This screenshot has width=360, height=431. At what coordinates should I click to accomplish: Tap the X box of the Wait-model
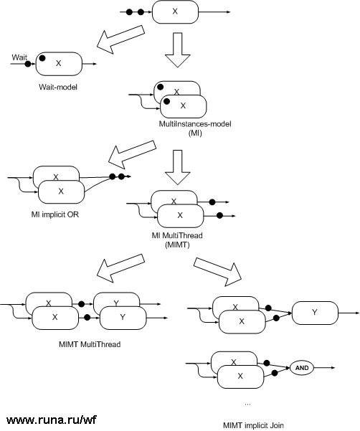pos(59,64)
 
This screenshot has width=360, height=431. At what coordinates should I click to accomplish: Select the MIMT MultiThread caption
pos(90,344)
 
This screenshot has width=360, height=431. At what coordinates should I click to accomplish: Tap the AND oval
pos(301,367)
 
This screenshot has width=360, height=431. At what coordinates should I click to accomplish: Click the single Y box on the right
pos(315,313)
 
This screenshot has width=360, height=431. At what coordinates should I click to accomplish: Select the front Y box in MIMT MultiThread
pos(123,316)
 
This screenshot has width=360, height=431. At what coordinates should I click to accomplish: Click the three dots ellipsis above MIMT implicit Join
pos(247,404)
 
